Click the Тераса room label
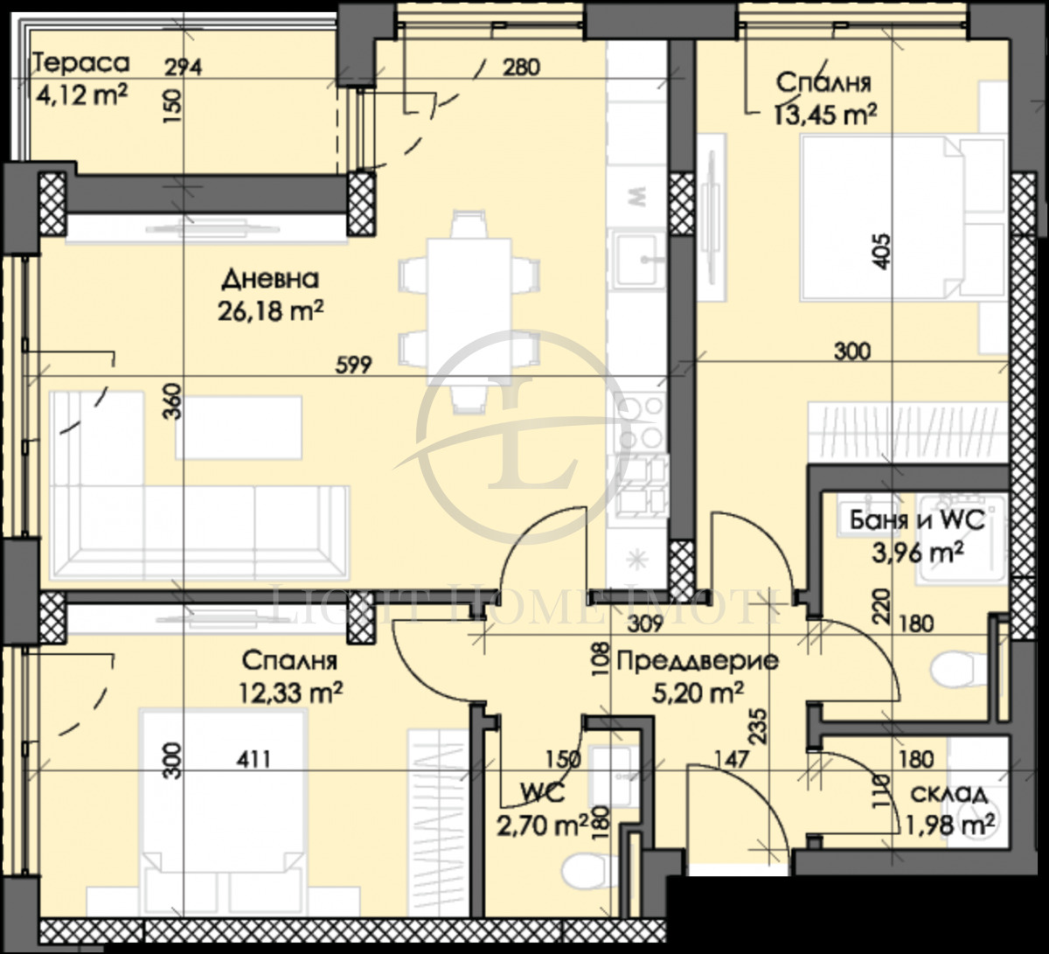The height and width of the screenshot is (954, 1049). [80, 64]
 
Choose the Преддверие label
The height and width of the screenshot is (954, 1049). [697, 662]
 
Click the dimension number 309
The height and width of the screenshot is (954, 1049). [641, 623]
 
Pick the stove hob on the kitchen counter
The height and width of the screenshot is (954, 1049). [640, 424]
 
